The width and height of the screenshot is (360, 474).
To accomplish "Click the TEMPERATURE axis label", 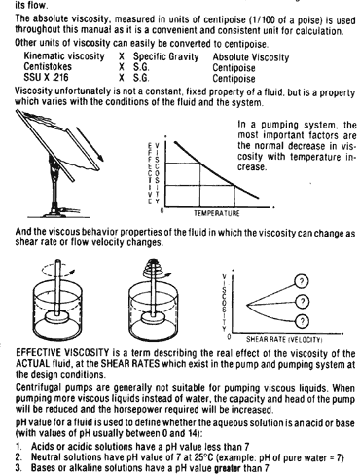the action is (217, 213).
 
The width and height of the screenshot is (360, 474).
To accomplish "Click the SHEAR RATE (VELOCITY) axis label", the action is (284, 340).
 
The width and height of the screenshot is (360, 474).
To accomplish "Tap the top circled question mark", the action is (302, 281).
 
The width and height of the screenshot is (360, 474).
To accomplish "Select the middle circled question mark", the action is (303, 302).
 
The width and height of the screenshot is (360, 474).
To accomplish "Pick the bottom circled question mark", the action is (303, 321).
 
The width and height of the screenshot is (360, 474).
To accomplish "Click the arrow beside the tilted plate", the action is (90, 144).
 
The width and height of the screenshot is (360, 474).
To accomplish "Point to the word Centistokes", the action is (48, 67).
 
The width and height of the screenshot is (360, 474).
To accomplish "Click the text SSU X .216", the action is (46, 77).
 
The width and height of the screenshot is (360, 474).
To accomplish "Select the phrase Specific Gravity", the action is (165, 57).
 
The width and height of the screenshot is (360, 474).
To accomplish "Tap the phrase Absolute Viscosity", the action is (251, 57).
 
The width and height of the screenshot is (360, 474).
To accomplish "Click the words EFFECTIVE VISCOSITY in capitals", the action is (62, 352).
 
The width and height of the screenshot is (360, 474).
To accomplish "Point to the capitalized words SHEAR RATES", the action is (130, 363).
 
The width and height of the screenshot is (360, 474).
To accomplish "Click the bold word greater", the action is (228, 468).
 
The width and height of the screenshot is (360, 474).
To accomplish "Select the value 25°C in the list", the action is (204, 457).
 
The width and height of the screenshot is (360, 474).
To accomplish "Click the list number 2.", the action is (18, 457).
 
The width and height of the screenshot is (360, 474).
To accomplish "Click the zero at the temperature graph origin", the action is (162, 211).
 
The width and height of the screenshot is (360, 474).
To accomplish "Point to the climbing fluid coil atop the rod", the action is (155, 267).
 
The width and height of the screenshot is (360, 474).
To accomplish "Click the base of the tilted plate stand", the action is (57, 212).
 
